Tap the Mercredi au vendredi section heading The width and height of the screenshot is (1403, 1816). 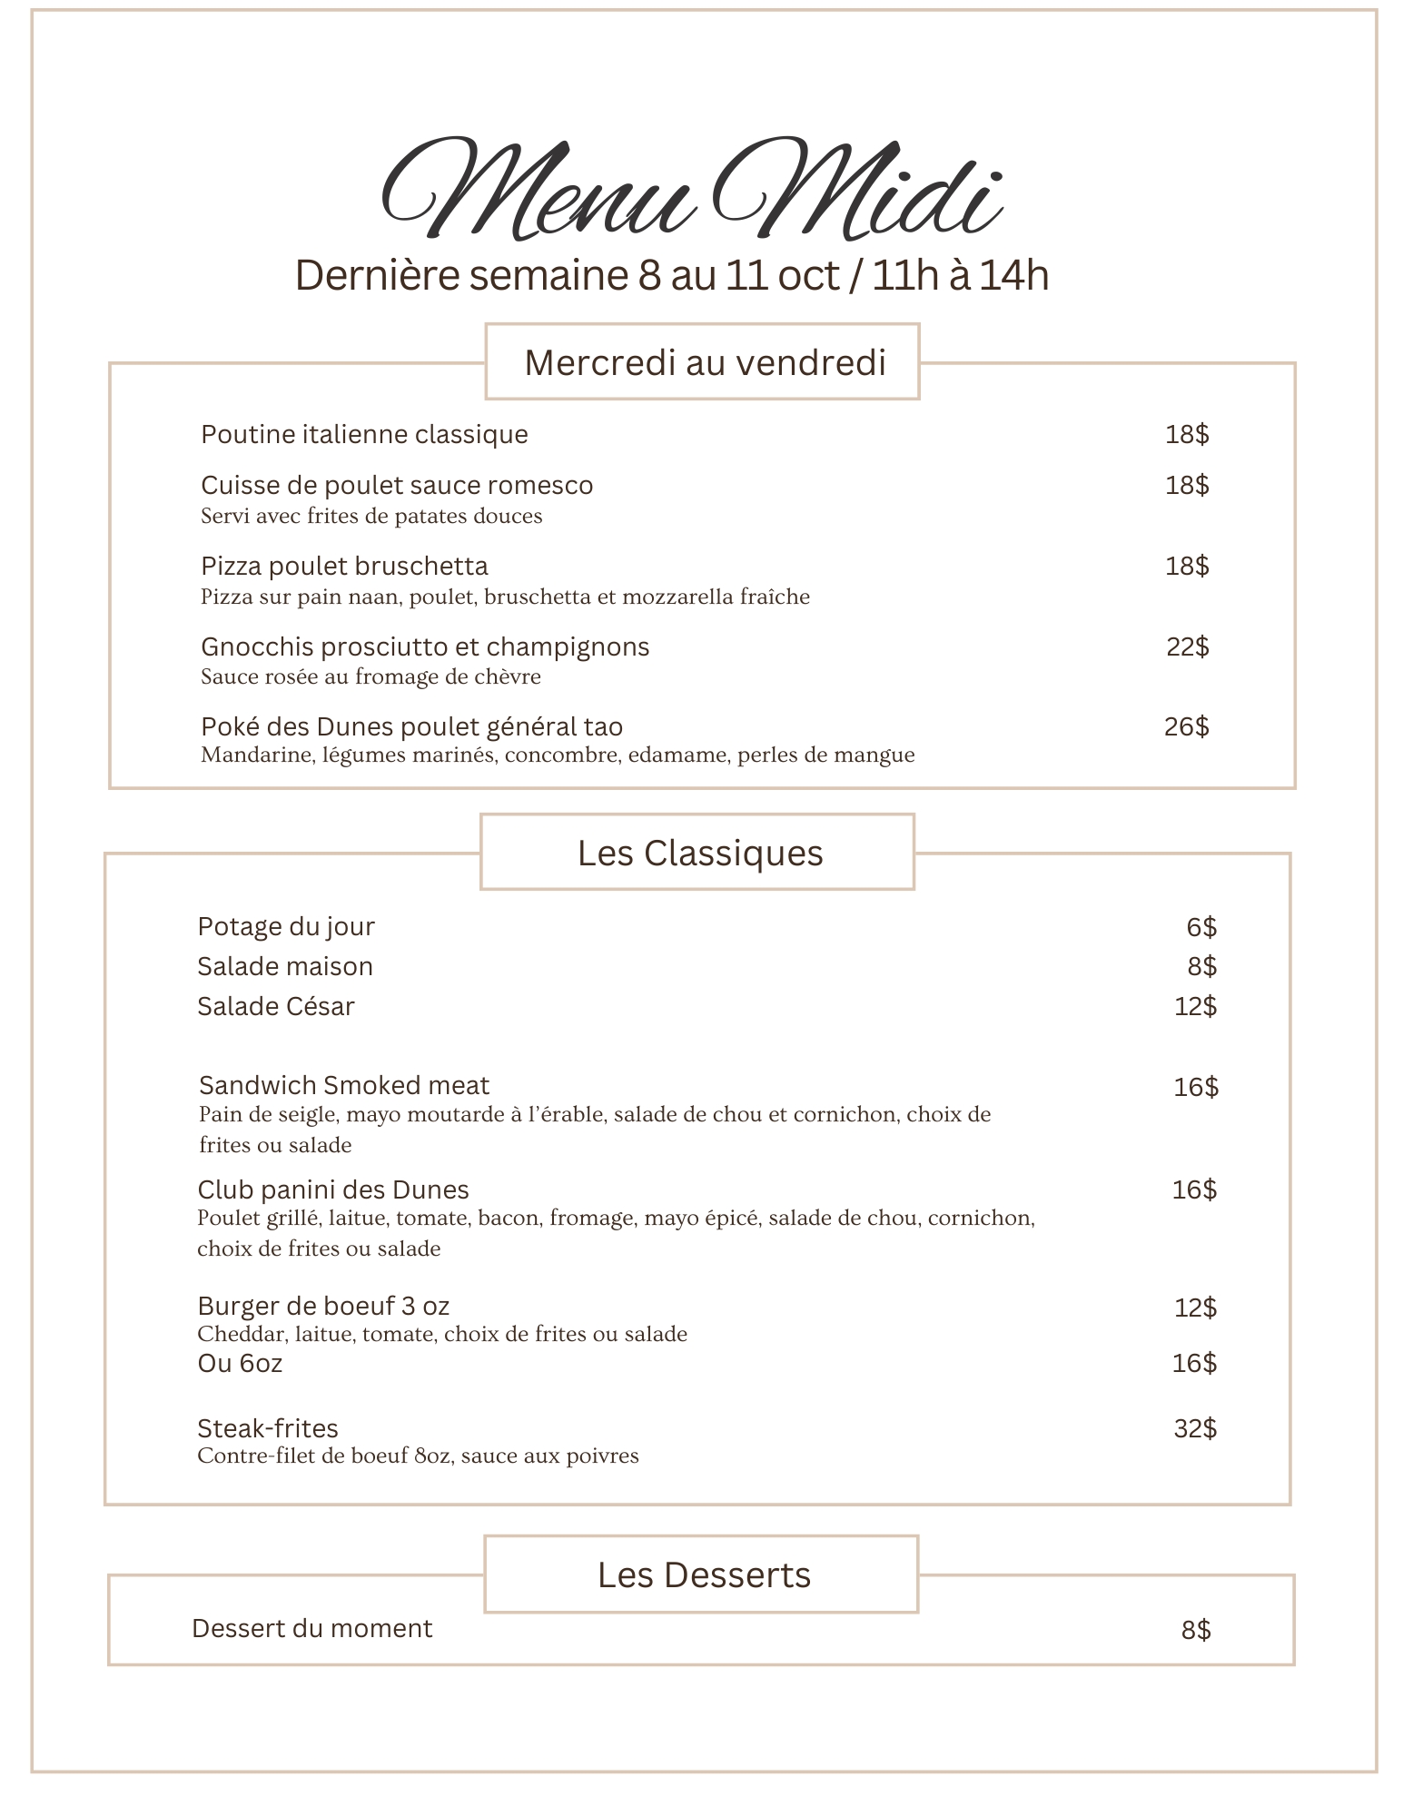tap(704, 362)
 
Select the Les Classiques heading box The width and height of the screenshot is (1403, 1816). tap(698, 853)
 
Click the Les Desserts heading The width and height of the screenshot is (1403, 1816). tap(703, 1574)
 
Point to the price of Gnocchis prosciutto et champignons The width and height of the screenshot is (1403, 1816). tap(1187, 646)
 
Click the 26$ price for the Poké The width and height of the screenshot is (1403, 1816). tap(1186, 726)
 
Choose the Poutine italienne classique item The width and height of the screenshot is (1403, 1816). tap(364, 434)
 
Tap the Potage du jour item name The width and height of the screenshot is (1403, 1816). tap(285, 926)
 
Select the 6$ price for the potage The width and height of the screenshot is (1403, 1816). tap(1200, 927)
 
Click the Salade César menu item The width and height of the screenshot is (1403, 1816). tap(275, 1006)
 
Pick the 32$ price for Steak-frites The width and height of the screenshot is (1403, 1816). tap(1194, 1428)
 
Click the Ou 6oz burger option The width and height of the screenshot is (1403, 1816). tap(240, 1363)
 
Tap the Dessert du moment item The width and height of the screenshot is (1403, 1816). tap(311, 1628)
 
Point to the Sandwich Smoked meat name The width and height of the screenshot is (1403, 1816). tap(343, 1085)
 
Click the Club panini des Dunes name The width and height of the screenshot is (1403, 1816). tap(332, 1189)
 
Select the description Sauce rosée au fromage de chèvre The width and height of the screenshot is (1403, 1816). tap(371, 676)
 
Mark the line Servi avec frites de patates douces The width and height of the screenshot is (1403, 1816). tap(371, 516)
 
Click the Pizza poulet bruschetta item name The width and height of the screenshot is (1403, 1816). tap(344, 566)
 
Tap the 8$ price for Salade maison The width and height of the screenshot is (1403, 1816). tap(1201, 966)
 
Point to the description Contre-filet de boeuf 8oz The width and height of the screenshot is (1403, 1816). tap(418, 1456)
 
